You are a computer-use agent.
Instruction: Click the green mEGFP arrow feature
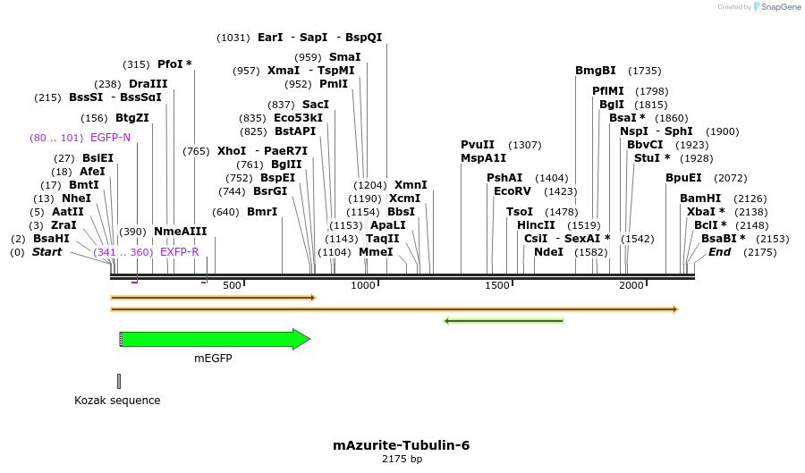click(x=215, y=339)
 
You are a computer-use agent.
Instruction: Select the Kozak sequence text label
click(x=117, y=401)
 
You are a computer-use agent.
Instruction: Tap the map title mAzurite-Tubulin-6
click(x=401, y=444)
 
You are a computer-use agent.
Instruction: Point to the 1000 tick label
click(x=363, y=285)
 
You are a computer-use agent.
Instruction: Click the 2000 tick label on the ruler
click(x=631, y=285)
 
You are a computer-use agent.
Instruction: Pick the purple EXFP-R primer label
click(x=179, y=252)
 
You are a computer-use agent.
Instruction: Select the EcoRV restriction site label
click(x=513, y=190)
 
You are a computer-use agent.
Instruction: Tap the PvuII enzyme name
click(x=478, y=145)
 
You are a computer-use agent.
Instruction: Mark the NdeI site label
click(x=548, y=252)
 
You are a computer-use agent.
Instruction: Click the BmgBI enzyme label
click(x=596, y=71)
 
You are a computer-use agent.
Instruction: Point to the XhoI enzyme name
click(x=231, y=151)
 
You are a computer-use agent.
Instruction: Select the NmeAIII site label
click(x=180, y=232)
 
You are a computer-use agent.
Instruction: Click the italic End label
click(x=719, y=252)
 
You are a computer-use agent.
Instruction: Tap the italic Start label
click(x=47, y=252)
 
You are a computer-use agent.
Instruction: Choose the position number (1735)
click(x=644, y=71)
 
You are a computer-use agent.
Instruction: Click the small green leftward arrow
click(x=504, y=320)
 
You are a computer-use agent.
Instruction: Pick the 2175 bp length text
click(x=401, y=460)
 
